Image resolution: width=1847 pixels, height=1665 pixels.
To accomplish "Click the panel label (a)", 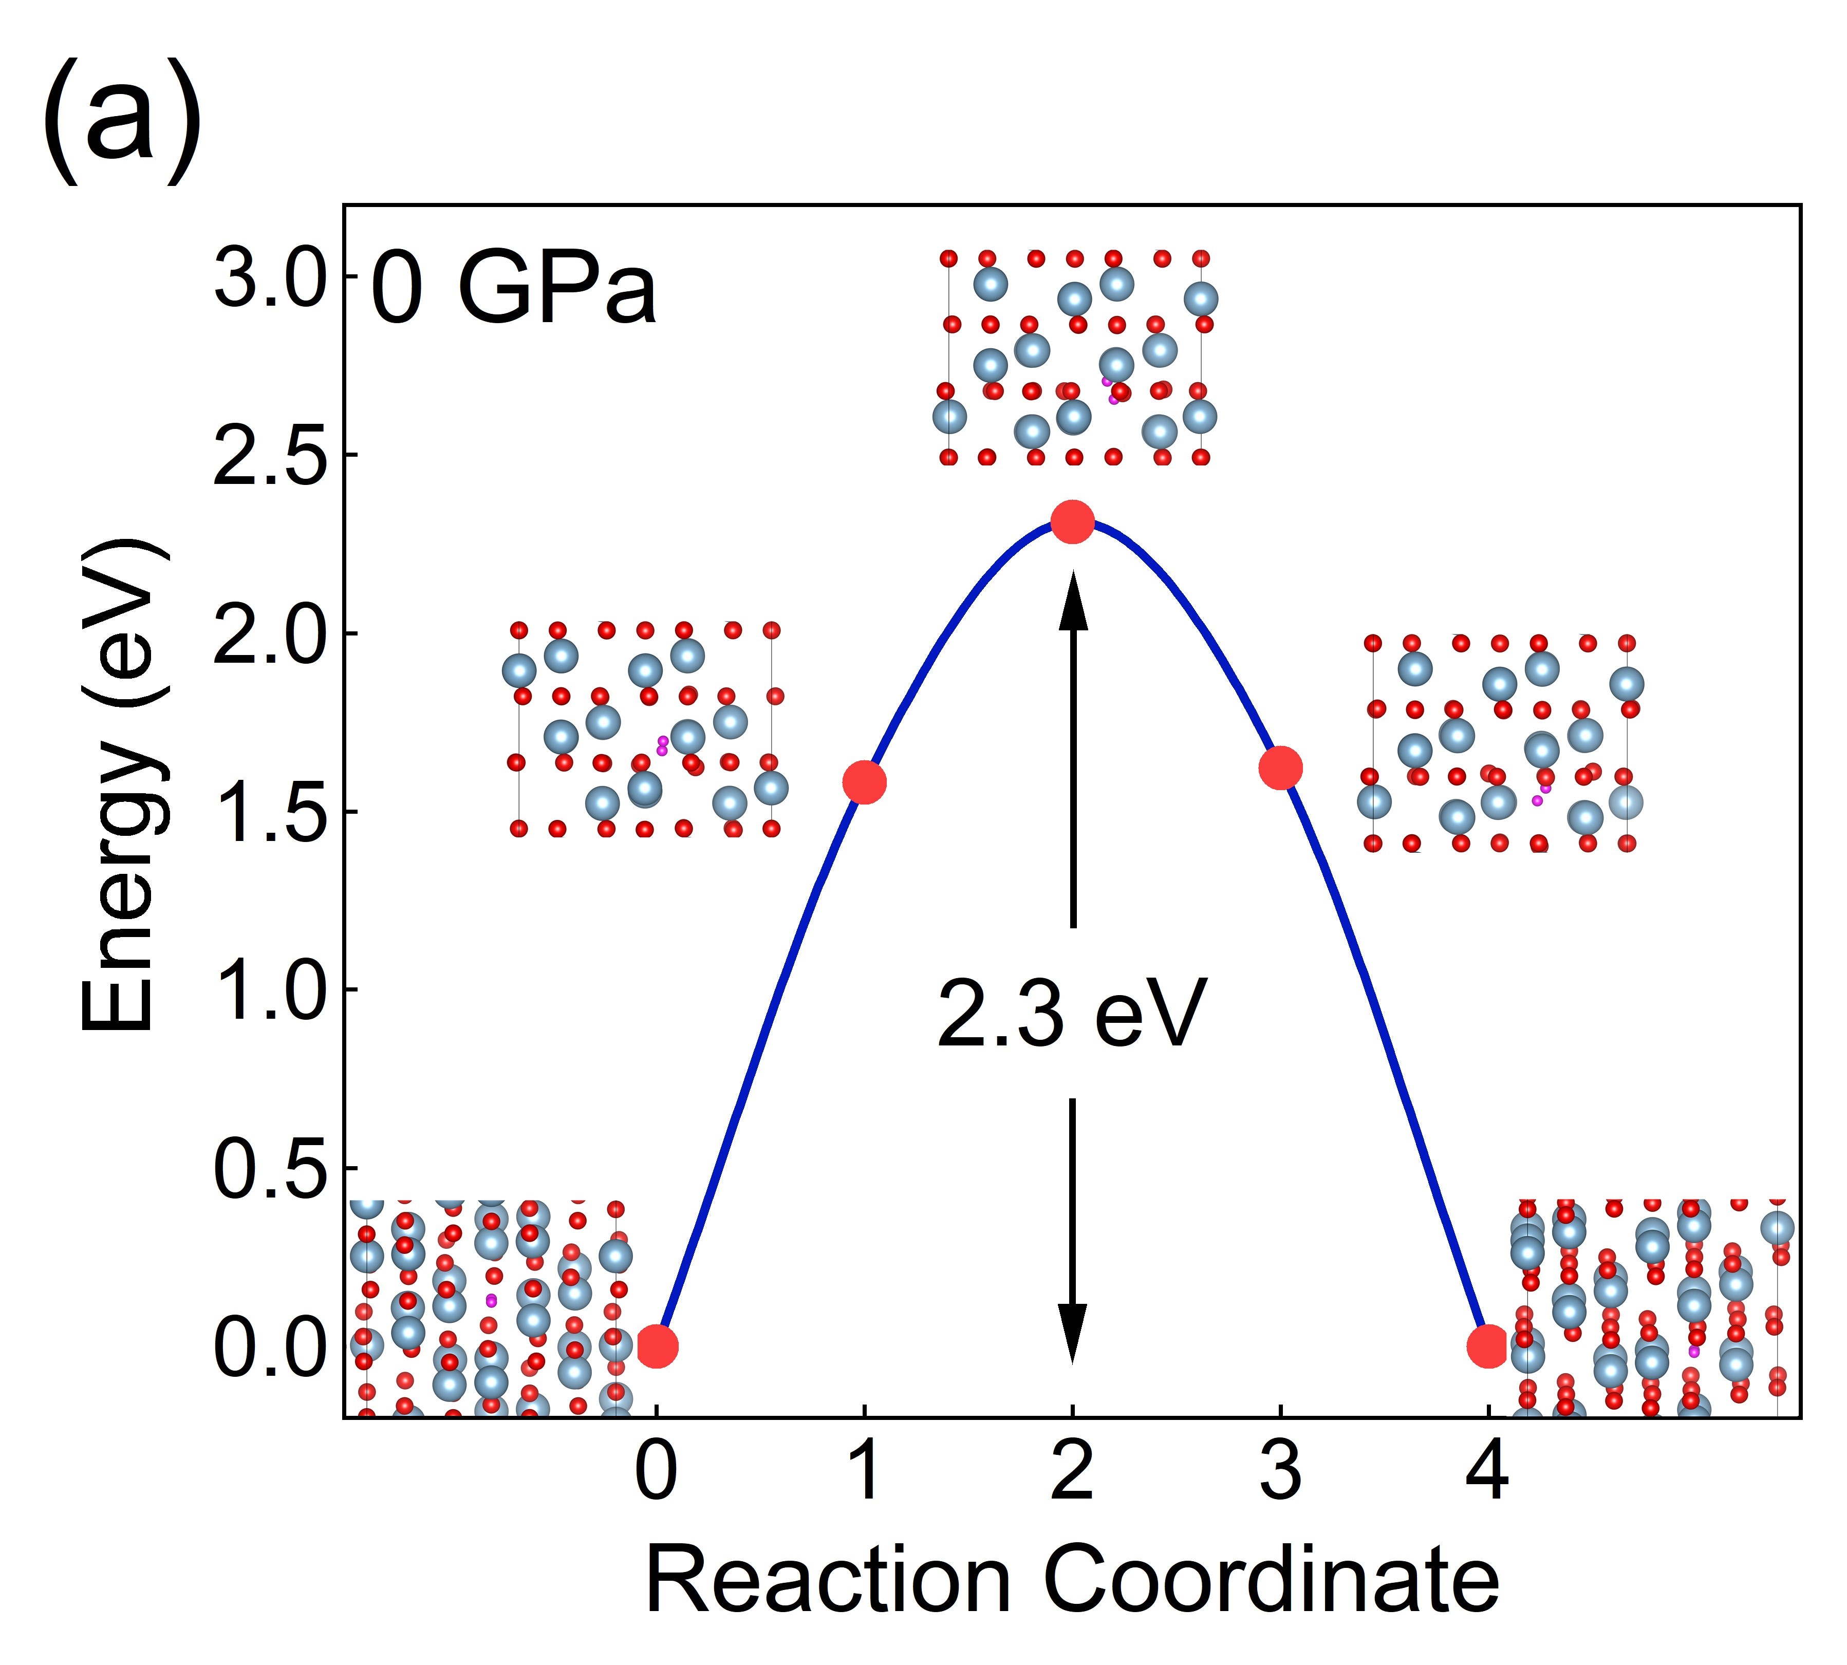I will click(x=122, y=122).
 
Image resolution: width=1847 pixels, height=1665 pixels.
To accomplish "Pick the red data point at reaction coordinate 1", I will click(x=865, y=782).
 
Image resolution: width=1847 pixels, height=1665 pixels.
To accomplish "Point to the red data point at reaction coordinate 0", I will click(x=657, y=1346).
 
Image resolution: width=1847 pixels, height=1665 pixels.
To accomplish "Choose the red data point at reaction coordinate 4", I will click(x=1488, y=1346).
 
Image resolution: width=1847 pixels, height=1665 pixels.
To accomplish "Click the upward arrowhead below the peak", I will click(x=1073, y=599).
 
